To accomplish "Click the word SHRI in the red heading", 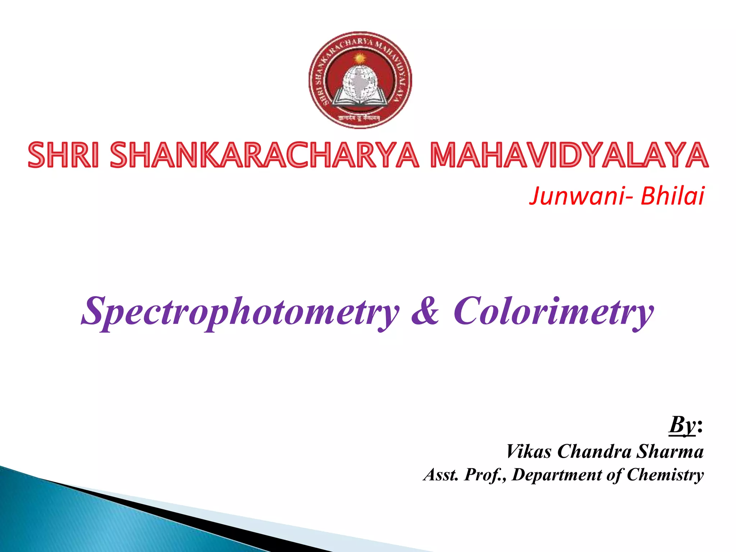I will (63, 155).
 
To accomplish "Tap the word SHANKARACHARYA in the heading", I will (264, 155).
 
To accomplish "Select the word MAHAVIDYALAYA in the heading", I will (570, 155).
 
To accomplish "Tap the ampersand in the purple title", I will (425, 310).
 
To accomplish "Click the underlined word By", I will (682, 425).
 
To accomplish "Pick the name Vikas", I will (528, 451).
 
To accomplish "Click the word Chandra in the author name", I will (594, 451).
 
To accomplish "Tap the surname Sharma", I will (670, 451).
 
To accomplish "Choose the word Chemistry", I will (665, 475).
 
